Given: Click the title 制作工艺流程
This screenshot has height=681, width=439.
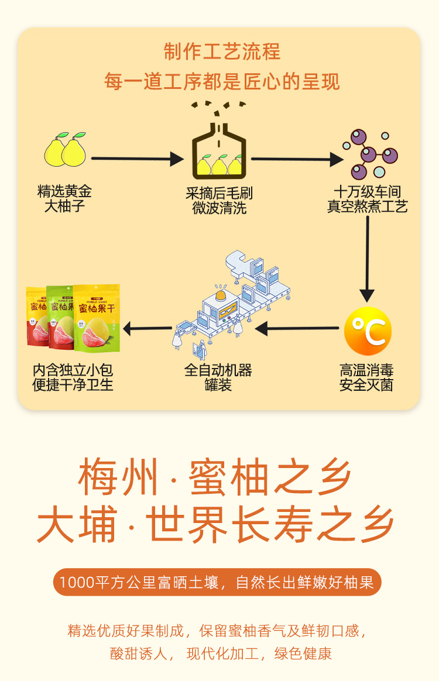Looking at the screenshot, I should (222, 51).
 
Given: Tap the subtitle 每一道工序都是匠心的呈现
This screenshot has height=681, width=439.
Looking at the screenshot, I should (222, 81).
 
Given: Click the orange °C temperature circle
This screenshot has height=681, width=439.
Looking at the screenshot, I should (368, 331).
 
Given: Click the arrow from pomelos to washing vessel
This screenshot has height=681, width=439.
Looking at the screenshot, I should (138, 158).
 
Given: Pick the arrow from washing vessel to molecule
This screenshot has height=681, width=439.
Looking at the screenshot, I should (297, 159).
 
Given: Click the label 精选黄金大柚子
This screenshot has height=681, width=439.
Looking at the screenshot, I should (64, 199).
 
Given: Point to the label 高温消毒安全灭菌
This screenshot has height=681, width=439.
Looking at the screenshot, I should (366, 377).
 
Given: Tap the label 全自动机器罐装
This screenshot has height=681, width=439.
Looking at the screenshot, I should (218, 377).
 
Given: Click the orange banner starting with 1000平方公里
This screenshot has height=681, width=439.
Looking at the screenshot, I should (217, 583).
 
